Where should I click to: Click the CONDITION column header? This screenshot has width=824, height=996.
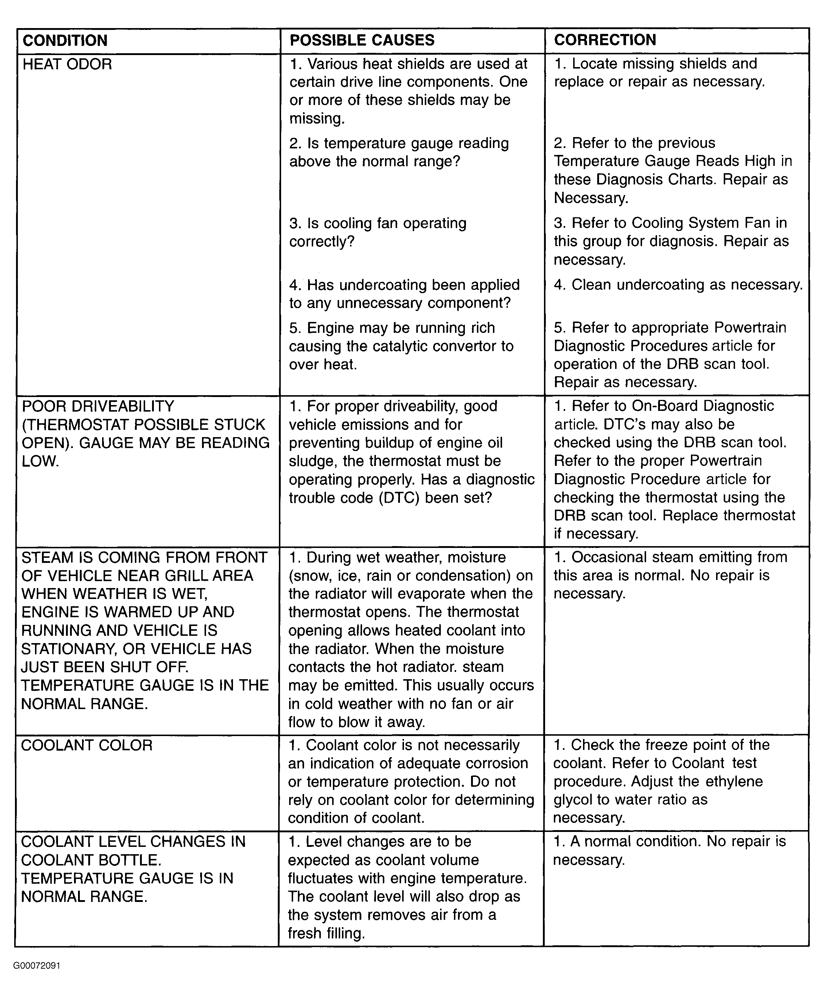[65, 41]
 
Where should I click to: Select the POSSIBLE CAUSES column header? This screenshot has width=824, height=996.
[362, 40]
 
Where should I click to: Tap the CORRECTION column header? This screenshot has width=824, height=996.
[605, 40]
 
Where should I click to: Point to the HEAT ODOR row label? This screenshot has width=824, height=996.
[67, 65]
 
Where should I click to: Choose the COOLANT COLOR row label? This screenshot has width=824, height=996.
[87, 745]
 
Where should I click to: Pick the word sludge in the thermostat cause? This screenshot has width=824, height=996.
[311, 461]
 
